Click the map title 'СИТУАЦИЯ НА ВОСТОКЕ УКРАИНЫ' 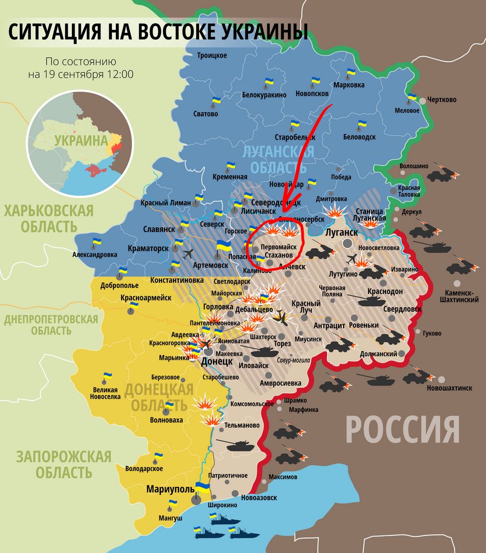[158, 32]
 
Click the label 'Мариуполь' [170, 489]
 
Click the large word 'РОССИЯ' [402, 428]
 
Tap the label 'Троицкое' [212, 55]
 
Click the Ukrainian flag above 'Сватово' [216, 100]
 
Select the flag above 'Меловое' [412, 97]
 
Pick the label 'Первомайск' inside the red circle [278, 247]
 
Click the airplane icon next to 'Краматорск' [187, 253]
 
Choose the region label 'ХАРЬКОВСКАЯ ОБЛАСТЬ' [49, 218]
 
